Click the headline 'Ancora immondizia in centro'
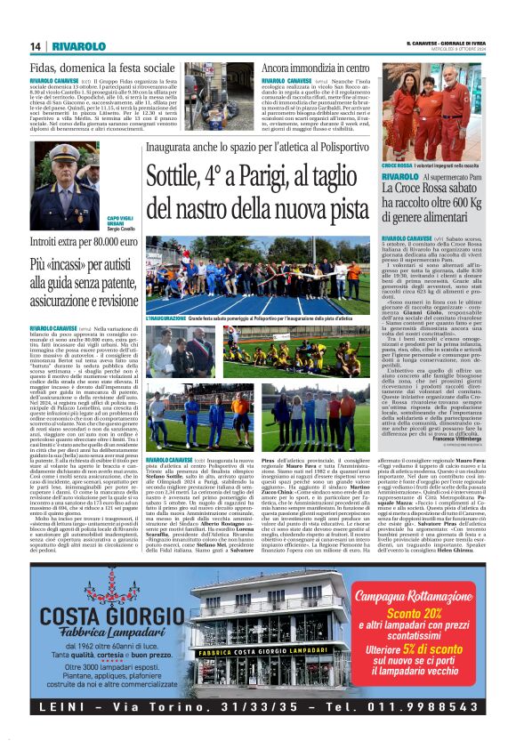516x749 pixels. click(x=316, y=68)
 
